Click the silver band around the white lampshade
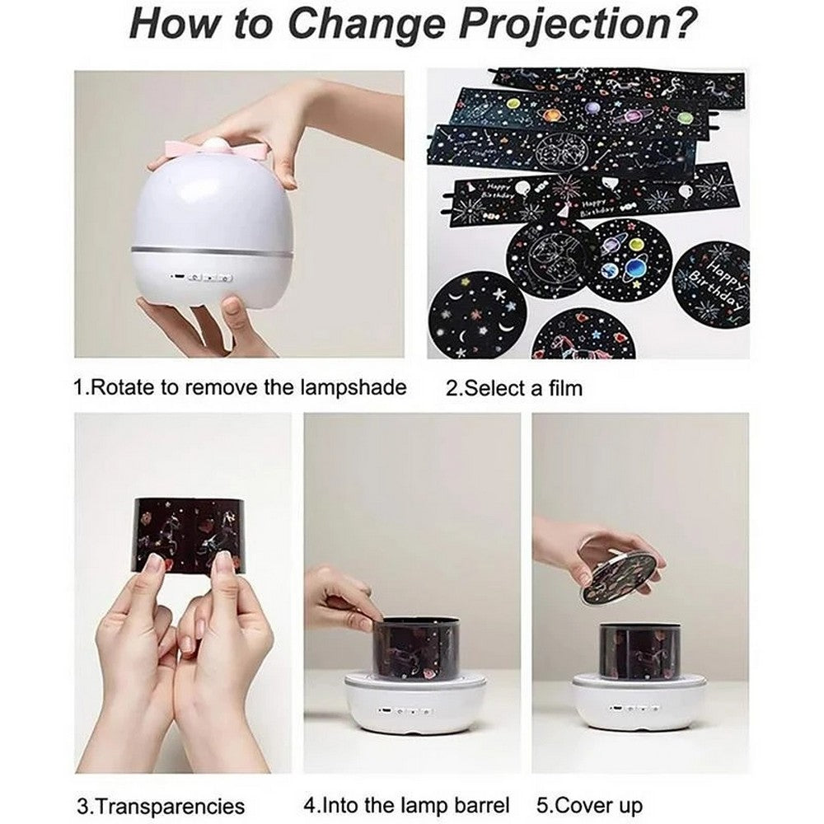point(213,248)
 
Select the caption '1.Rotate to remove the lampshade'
point(239,386)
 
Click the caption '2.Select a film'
point(514,387)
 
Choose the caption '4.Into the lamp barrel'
point(407,804)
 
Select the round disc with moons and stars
point(478,316)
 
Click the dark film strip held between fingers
point(193,533)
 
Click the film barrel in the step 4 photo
point(416,650)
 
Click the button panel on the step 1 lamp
point(211,278)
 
